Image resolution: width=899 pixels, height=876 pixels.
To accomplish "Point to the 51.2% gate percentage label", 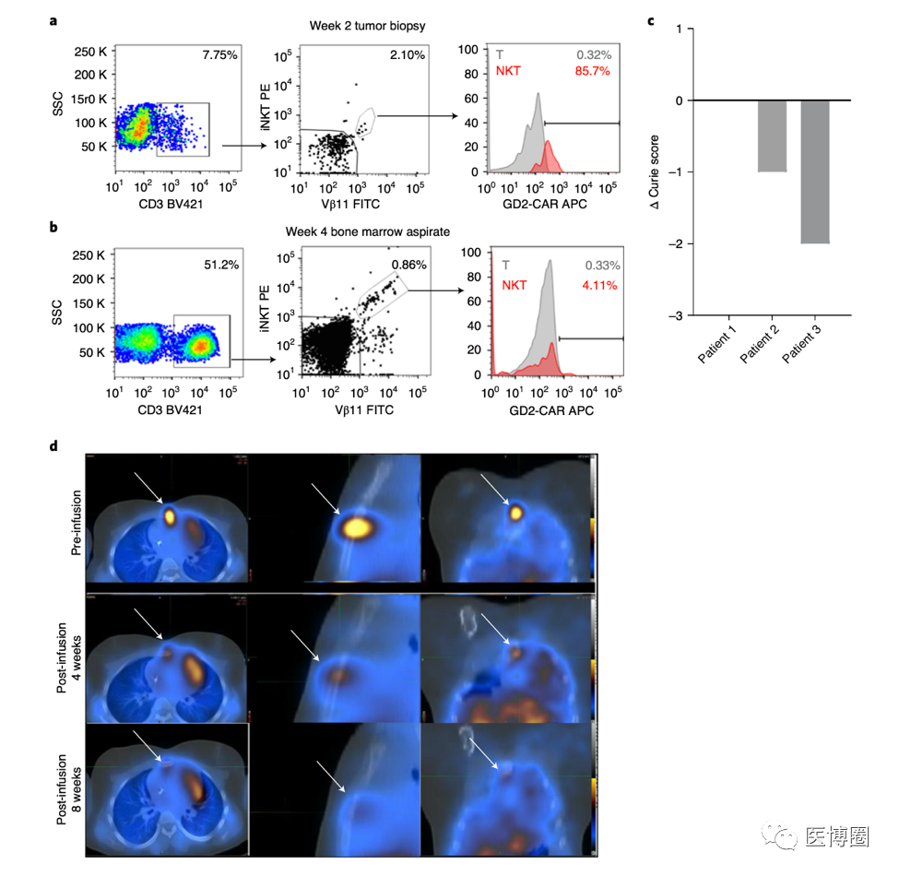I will (219, 266).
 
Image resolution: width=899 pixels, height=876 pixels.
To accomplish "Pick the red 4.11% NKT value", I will (600, 285).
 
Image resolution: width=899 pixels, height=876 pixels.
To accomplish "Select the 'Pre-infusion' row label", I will (77, 521).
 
